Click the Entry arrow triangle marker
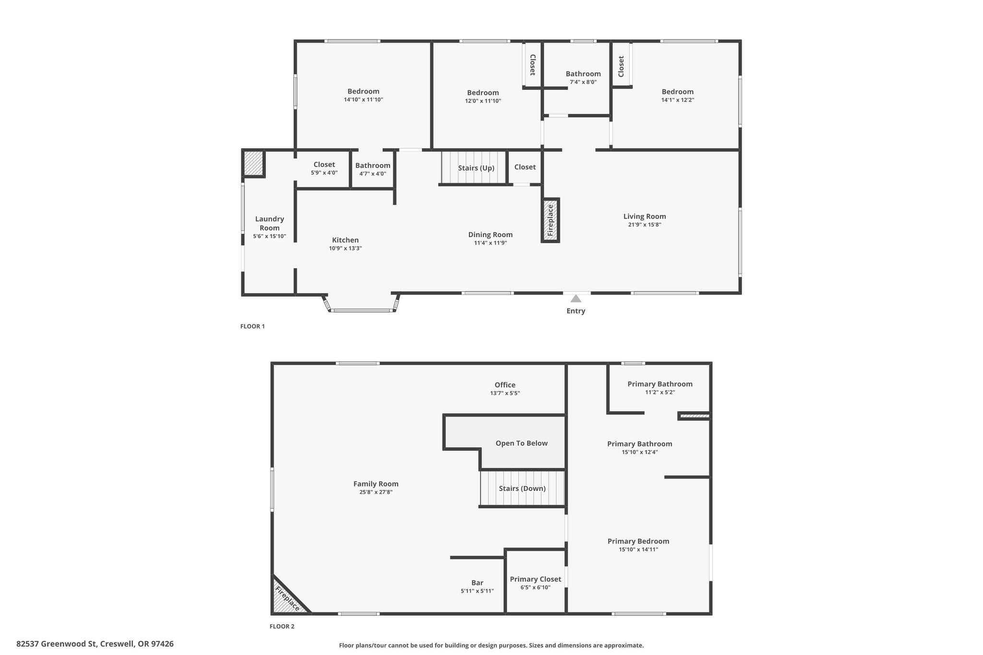pyautogui.click(x=575, y=298)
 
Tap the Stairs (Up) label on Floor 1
pyautogui.click(x=476, y=168)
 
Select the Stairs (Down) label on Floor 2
pyautogui.click(x=522, y=488)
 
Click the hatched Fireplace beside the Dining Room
pyautogui.click(x=551, y=220)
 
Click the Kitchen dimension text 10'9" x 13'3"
pyautogui.click(x=345, y=249)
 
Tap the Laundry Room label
pyautogui.click(x=270, y=223)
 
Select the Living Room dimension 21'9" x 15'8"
pyautogui.click(x=645, y=225)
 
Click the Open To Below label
pyautogui.click(x=522, y=443)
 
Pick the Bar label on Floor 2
pyautogui.click(x=477, y=583)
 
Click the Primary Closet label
pyautogui.click(x=536, y=579)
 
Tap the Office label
pyautogui.click(x=505, y=385)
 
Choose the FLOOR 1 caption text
pyautogui.click(x=252, y=326)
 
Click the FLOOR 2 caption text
pyautogui.click(x=282, y=626)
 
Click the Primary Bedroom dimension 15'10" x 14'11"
pyautogui.click(x=638, y=549)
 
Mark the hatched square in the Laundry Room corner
pyautogui.click(x=253, y=164)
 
